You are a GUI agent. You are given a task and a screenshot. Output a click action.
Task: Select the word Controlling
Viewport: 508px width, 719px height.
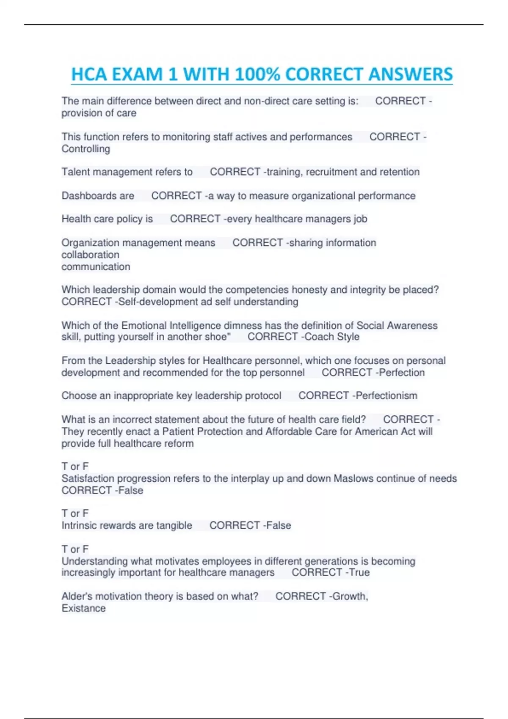(86, 149)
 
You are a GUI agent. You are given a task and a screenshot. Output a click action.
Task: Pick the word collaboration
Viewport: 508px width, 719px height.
(90, 255)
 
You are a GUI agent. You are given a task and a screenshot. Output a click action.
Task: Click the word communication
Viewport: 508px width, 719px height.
(96, 266)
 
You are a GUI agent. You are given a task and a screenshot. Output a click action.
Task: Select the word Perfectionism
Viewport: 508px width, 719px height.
(387, 395)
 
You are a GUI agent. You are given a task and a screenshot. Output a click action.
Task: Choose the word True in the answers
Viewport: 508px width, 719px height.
(359, 572)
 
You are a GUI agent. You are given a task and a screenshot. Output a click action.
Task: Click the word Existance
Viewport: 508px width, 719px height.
(83, 608)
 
